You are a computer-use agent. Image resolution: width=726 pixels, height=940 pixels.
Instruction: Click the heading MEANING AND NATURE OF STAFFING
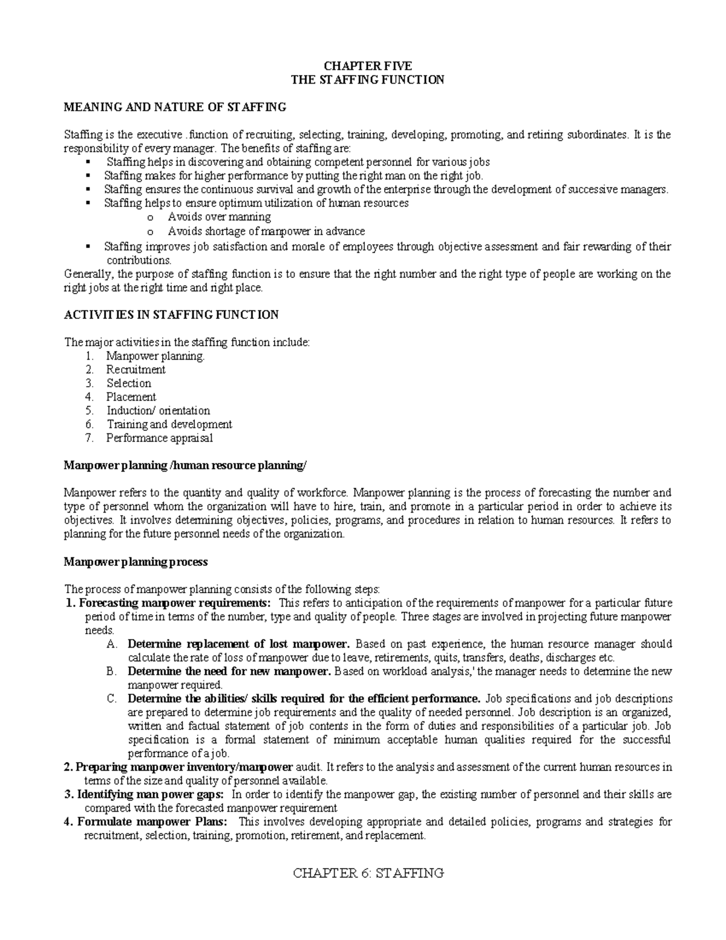tap(175, 107)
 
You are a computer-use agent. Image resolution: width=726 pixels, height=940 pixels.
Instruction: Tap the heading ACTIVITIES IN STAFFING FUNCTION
tap(171, 315)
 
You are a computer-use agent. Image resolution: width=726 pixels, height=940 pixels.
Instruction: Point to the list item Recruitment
tap(136, 369)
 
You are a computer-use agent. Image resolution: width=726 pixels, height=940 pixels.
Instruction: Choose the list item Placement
tap(131, 397)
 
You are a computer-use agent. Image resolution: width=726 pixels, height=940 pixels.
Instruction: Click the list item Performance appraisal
tap(159, 438)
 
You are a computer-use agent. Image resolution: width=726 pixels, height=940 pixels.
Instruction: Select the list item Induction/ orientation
tap(158, 410)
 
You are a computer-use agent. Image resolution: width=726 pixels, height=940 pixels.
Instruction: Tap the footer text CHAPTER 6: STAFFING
tap(368, 873)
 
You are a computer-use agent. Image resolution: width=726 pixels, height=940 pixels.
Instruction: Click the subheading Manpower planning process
tap(136, 562)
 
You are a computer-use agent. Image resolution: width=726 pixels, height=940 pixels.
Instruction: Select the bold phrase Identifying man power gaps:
tap(151, 794)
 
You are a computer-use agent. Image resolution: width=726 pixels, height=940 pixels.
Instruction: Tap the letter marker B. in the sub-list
tap(111, 671)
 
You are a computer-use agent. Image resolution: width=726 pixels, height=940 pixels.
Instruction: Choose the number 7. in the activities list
tap(90, 438)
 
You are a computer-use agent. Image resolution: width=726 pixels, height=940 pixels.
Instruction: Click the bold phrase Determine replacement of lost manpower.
tap(238, 644)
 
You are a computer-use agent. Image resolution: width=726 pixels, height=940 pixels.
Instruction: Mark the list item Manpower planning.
tap(155, 356)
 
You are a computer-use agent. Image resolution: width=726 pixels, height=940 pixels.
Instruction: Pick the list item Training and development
tap(169, 424)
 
